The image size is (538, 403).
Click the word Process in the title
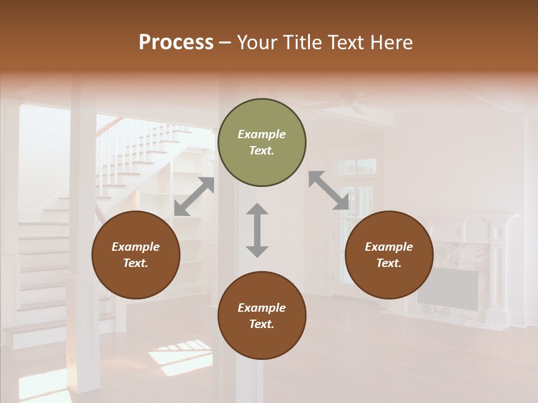point(176,43)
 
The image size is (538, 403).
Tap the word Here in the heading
point(392,43)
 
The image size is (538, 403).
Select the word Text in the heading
point(346,43)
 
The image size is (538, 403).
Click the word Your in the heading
point(258,43)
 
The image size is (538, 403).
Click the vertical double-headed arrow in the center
point(257,230)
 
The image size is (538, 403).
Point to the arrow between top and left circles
point(194,196)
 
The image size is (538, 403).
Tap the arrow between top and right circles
point(328,191)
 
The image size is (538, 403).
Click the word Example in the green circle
point(262,134)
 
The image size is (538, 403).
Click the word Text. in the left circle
point(136,263)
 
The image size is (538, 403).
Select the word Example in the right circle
point(389,247)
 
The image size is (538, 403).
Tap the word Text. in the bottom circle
point(262,324)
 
